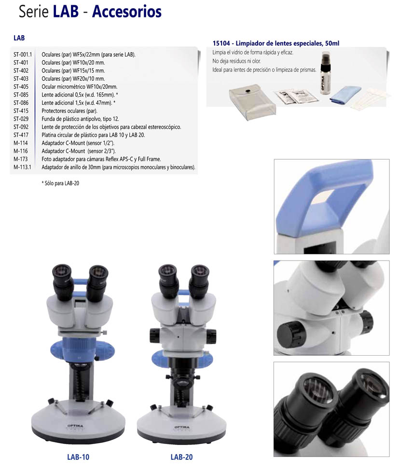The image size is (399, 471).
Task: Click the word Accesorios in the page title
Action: coord(127,12)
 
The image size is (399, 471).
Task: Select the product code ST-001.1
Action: coord(23,55)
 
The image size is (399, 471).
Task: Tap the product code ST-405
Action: coord(21,87)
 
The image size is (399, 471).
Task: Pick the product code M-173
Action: coord(20,159)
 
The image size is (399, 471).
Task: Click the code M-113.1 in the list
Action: coord(22,167)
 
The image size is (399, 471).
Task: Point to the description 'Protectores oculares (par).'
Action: coord(69,111)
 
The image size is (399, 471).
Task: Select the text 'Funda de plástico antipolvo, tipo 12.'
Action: coord(80,119)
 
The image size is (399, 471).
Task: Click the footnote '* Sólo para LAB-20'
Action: coord(60,183)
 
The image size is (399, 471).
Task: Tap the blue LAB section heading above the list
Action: coord(19,38)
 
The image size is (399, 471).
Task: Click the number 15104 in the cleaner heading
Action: coord(221,43)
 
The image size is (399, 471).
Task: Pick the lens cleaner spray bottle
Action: coord(326,73)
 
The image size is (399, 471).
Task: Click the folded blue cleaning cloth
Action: coord(345,95)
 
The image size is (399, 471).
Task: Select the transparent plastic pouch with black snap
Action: coord(252,102)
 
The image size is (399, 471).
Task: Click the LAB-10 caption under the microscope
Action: coord(78,457)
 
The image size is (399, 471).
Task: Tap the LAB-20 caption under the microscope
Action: coord(181,457)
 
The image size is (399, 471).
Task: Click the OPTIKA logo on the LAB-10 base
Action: coord(75,426)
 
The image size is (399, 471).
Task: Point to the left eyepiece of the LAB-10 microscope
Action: coord(63,281)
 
